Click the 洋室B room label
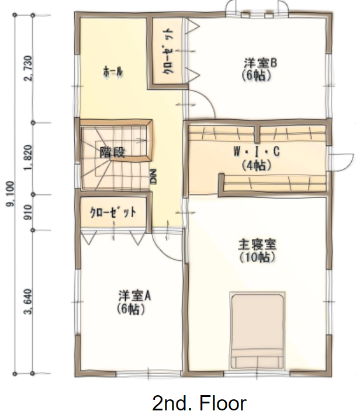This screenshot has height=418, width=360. (x=260, y=64)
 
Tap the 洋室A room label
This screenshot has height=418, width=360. (x=134, y=295)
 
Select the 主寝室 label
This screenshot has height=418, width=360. (x=257, y=245)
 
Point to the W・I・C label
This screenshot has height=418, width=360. (x=257, y=152)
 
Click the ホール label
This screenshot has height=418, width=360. (x=113, y=71)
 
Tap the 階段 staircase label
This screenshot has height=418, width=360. (x=112, y=152)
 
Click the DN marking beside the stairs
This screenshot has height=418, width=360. (x=154, y=176)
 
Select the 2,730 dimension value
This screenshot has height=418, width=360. (x=28, y=68)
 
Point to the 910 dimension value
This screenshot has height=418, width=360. (x=28, y=212)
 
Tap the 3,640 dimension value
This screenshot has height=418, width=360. (x=28, y=302)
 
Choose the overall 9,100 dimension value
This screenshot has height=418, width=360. (x=11, y=194)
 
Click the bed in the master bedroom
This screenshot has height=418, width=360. (x=257, y=330)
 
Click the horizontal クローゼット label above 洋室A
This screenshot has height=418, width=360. (x=113, y=213)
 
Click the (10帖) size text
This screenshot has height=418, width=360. (x=257, y=257)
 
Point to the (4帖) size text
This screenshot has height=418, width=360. (x=257, y=166)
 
